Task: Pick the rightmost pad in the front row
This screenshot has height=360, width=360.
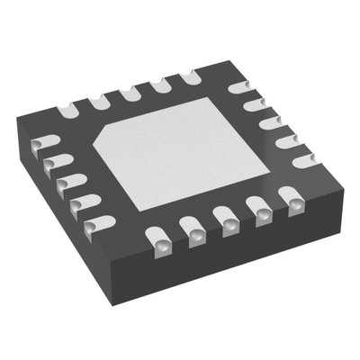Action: click(x=290, y=197)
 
